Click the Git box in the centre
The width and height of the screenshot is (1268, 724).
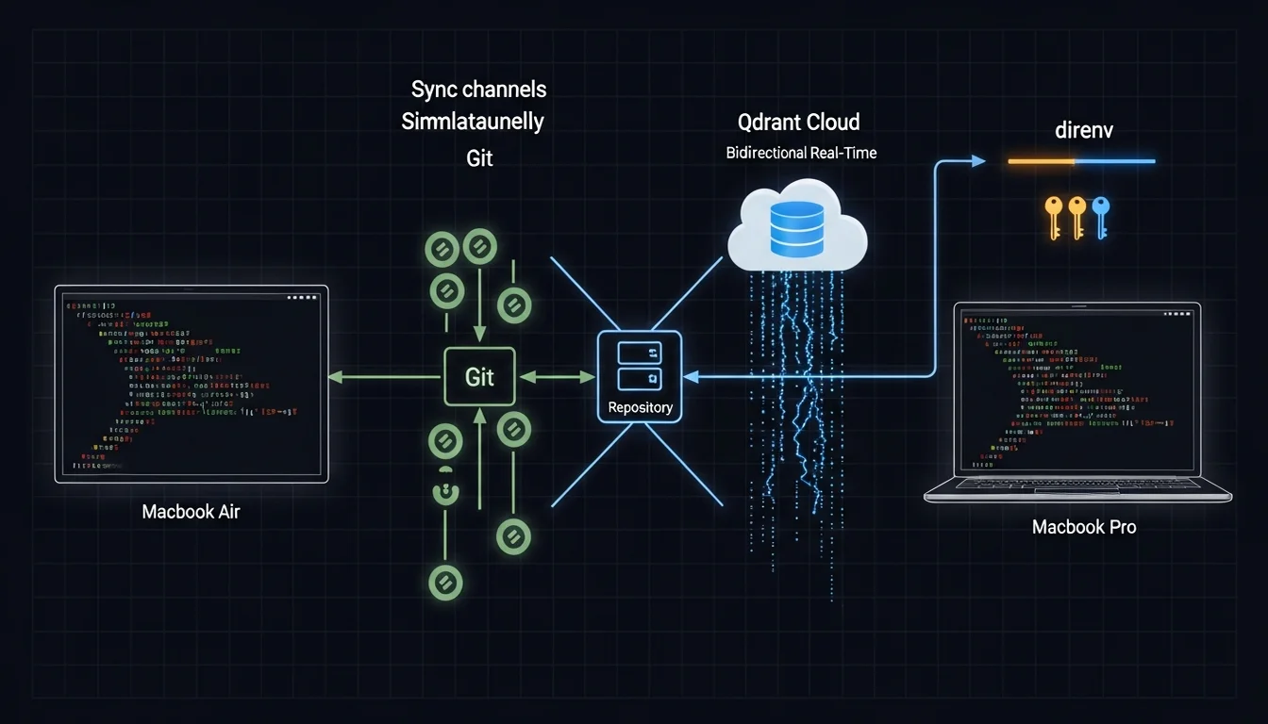479,377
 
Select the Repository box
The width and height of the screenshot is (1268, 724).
641,376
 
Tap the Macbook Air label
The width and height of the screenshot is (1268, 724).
191,512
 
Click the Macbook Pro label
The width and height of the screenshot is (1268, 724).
1084,527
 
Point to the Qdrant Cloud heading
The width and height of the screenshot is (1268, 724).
798,122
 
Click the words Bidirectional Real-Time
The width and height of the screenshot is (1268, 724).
801,153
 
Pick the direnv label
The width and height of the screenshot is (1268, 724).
1084,130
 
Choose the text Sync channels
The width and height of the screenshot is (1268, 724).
478,90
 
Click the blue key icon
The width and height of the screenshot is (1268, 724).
1100,215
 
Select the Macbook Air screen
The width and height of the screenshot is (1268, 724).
192,383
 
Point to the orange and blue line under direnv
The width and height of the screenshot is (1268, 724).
1081,161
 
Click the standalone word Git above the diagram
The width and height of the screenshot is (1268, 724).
479,157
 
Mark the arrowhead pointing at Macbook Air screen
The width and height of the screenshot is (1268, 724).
335,377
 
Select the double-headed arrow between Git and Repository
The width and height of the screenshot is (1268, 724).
558,377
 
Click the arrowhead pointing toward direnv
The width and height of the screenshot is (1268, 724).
978,161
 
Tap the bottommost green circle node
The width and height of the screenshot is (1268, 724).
444,583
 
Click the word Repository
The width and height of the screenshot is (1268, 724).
641,407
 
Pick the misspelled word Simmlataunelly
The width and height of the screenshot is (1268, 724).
472,123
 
